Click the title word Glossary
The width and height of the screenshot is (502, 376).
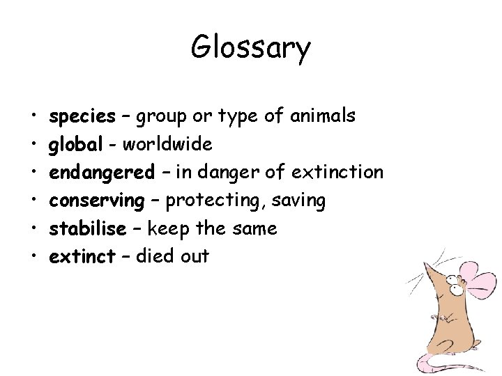pyautogui.click(x=250, y=49)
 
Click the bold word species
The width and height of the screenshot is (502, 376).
pyautogui.click(x=82, y=116)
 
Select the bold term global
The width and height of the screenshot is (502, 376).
pyautogui.click(x=75, y=144)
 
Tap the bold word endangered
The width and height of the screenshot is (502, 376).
pyautogui.click(x=102, y=172)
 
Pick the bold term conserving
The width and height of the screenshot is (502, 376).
pyautogui.click(x=96, y=201)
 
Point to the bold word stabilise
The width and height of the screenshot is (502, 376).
pyautogui.click(x=87, y=228)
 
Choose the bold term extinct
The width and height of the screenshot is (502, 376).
pyautogui.click(x=82, y=256)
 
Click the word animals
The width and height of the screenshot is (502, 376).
pyautogui.click(x=323, y=116)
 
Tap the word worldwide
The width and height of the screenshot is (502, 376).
pyautogui.click(x=167, y=144)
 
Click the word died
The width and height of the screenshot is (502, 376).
pyautogui.click(x=154, y=256)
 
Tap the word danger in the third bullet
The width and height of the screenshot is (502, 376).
pyautogui.click(x=237, y=172)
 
